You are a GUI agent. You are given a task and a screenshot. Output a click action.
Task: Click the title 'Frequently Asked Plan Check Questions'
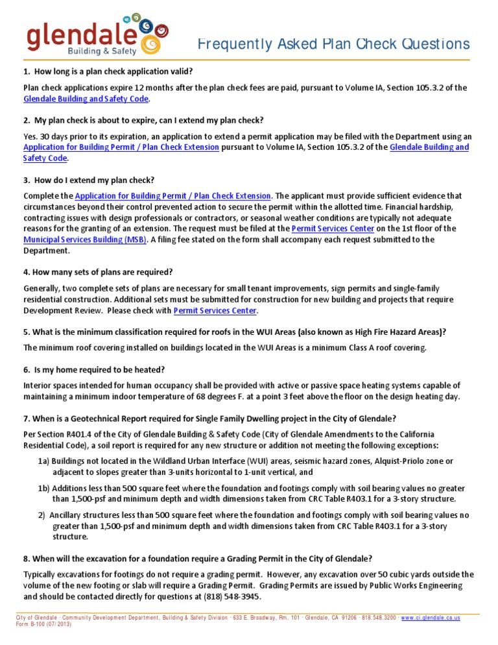click(x=333, y=44)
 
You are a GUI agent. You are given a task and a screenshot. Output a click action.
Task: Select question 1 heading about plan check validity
click(x=108, y=71)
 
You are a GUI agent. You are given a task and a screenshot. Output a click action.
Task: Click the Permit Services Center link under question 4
click(x=215, y=311)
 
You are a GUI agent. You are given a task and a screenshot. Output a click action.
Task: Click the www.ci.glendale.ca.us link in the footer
click(x=431, y=618)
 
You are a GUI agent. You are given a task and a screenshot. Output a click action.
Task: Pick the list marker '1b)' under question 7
click(x=43, y=488)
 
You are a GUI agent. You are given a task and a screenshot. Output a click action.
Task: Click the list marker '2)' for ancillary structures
click(x=41, y=515)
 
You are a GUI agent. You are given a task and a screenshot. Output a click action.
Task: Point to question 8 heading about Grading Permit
click(x=198, y=559)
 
